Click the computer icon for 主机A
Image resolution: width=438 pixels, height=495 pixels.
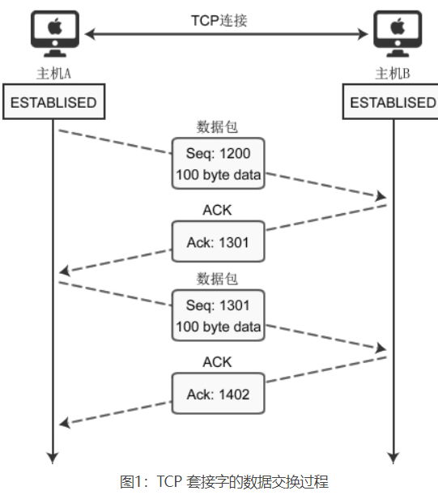click(53, 32)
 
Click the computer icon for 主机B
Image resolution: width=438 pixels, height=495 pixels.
click(396, 32)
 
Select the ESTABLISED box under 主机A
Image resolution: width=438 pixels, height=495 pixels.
click(53, 103)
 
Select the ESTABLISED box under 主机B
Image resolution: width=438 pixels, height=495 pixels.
click(393, 103)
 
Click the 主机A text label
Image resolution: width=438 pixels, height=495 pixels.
click(53, 75)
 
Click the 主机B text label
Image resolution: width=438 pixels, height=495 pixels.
click(393, 75)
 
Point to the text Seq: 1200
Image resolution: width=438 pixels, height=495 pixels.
click(218, 154)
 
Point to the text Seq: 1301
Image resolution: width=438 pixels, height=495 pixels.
click(218, 305)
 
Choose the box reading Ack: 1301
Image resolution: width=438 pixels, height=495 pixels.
click(218, 241)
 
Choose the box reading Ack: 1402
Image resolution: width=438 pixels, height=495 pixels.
click(218, 395)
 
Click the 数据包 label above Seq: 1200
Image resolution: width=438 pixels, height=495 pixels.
click(218, 126)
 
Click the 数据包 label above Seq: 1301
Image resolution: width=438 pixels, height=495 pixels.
click(218, 279)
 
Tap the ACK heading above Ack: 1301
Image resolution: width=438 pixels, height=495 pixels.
click(217, 211)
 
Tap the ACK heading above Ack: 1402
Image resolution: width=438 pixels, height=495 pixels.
click(217, 362)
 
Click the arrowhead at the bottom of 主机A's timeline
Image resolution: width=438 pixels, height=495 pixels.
click(53, 458)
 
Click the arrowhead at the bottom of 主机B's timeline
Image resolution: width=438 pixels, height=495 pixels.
click(393, 458)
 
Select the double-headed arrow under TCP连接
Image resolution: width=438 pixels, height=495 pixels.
click(227, 34)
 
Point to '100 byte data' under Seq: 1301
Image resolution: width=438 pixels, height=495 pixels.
click(218, 327)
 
